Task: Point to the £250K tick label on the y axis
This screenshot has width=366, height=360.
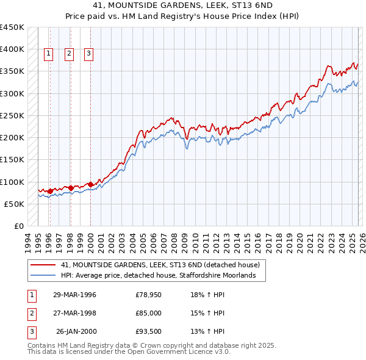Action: (12, 115)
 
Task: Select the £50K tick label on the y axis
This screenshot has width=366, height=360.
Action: (14, 204)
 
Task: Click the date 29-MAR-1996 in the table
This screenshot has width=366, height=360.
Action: (74, 295)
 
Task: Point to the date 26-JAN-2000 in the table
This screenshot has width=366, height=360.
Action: (76, 331)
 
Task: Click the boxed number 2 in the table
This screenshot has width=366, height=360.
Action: (31, 313)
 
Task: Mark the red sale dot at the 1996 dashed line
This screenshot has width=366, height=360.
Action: (50, 191)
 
